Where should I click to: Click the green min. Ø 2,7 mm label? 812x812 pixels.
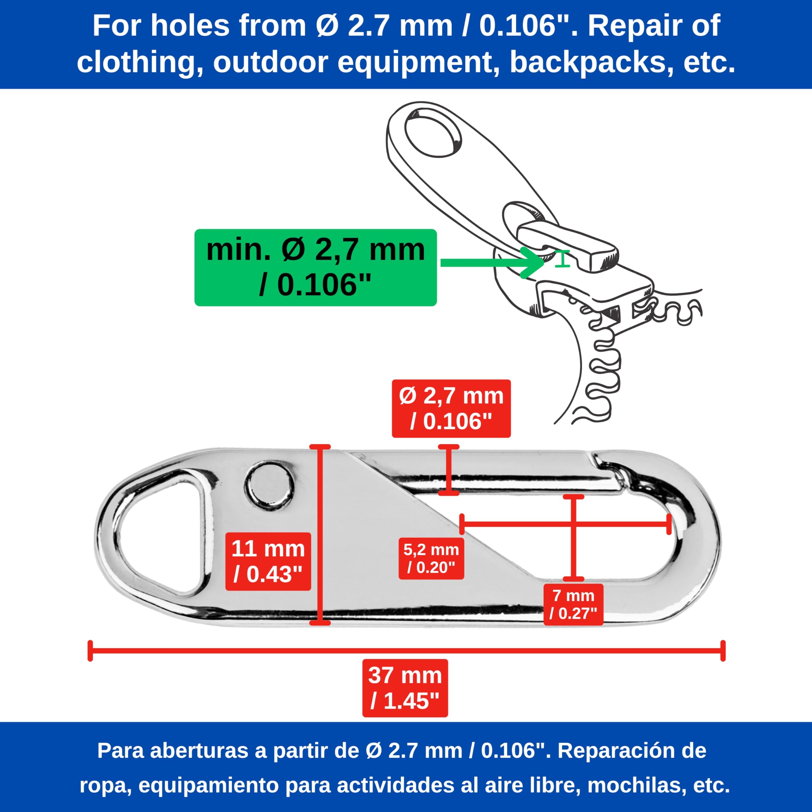click(x=315, y=267)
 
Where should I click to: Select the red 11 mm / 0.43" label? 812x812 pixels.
click(x=268, y=561)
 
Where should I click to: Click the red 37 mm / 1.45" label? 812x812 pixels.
click(x=405, y=688)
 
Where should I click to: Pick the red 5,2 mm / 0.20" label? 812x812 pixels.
click(x=431, y=559)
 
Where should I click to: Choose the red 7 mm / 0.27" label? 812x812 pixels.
click(x=573, y=604)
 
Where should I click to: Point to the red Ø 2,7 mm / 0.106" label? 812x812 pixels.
click(x=451, y=409)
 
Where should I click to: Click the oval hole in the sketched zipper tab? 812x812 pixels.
click(x=433, y=132)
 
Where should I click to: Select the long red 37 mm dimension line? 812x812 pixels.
click(x=406, y=651)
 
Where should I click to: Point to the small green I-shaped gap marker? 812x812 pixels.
click(x=562, y=259)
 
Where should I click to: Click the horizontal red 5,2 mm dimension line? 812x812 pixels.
click(x=565, y=524)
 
